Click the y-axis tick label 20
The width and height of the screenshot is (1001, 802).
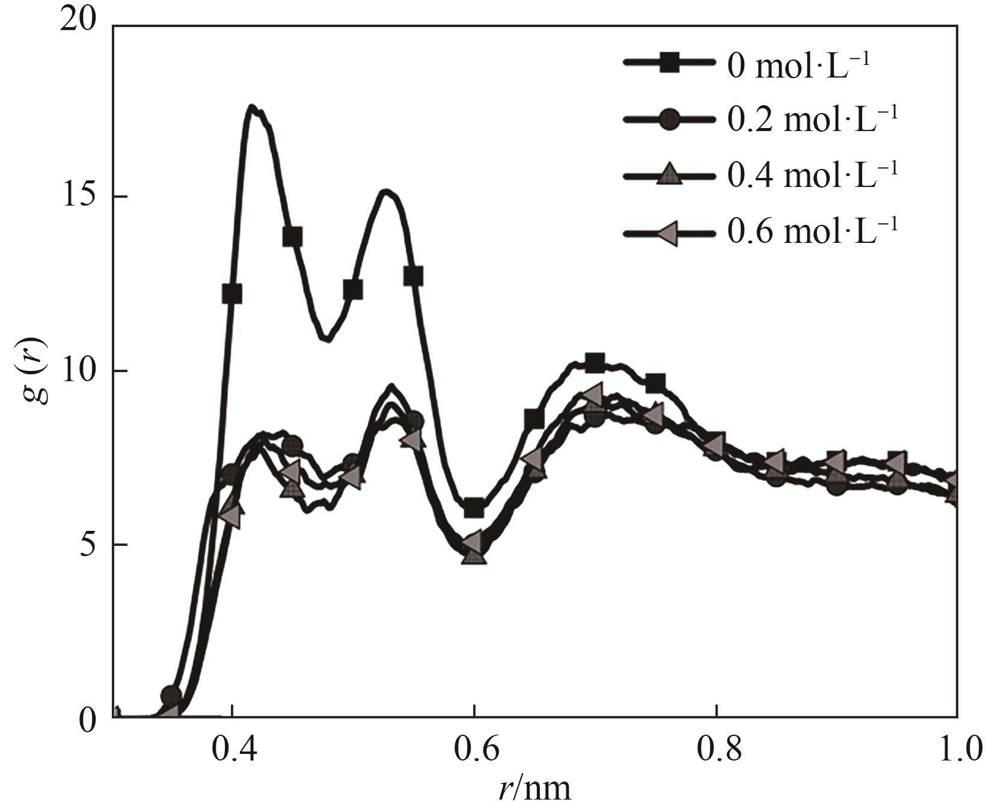(79, 22)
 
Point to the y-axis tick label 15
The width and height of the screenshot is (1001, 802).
(79, 197)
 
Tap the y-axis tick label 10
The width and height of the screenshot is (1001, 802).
(79, 371)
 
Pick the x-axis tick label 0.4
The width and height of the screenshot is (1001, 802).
(231, 750)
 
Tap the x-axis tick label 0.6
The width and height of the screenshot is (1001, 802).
(474, 750)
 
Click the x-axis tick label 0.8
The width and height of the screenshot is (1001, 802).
(717, 750)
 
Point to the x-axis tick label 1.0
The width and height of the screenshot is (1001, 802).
(957, 750)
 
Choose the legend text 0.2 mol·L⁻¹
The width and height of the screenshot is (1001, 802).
(812, 120)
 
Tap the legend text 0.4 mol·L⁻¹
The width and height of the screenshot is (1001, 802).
(812, 174)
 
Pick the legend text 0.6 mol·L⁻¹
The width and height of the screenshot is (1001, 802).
(812, 230)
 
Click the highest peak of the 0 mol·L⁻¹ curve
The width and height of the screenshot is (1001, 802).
(252, 108)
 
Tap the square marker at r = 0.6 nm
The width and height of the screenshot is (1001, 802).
(474, 508)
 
